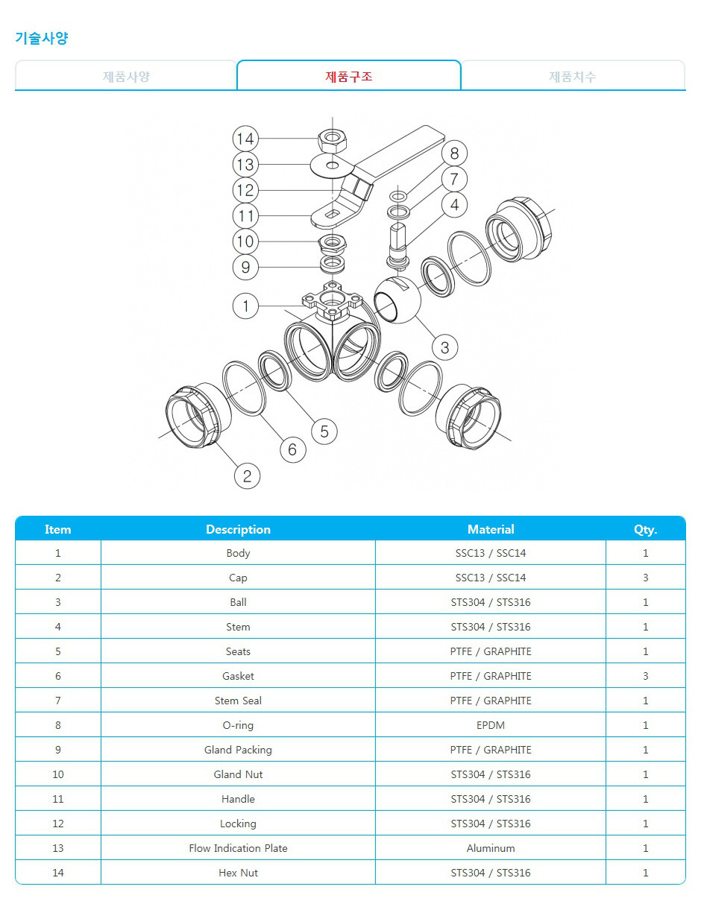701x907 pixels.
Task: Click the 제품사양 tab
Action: pyautogui.click(x=126, y=76)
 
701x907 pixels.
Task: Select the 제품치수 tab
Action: pyautogui.click(x=573, y=76)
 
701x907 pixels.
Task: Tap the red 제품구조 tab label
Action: pyautogui.click(x=348, y=76)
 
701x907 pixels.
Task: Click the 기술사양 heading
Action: pyautogui.click(x=41, y=38)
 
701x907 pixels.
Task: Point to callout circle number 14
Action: pyautogui.click(x=245, y=139)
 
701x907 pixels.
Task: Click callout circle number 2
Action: pyautogui.click(x=247, y=475)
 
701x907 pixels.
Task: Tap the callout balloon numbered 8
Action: pyautogui.click(x=454, y=154)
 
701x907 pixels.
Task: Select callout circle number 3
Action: pyautogui.click(x=444, y=347)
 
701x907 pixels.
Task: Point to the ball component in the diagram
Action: pyautogui.click(x=397, y=300)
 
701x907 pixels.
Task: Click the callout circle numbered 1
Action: pyautogui.click(x=245, y=306)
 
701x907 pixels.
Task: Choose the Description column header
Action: pyautogui.click(x=238, y=529)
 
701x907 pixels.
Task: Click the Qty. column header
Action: pyautogui.click(x=645, y=530)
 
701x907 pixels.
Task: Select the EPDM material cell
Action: pyautogui.click(x=491, y=725)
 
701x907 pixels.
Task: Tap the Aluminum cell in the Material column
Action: pyautogui.click(x=491, y=848)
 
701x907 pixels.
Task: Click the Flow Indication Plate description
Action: pyautogui.click(x=238, y=848)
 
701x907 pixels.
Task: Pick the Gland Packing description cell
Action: pyautogui.click(x=238, y=750)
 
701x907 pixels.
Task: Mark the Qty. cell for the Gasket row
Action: pyautogui.click(x=646, y=676)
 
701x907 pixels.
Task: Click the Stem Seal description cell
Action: pyautogui.click(x=238, y=701)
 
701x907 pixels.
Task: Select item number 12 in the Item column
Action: pyautogui.click(x=58, y=824)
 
